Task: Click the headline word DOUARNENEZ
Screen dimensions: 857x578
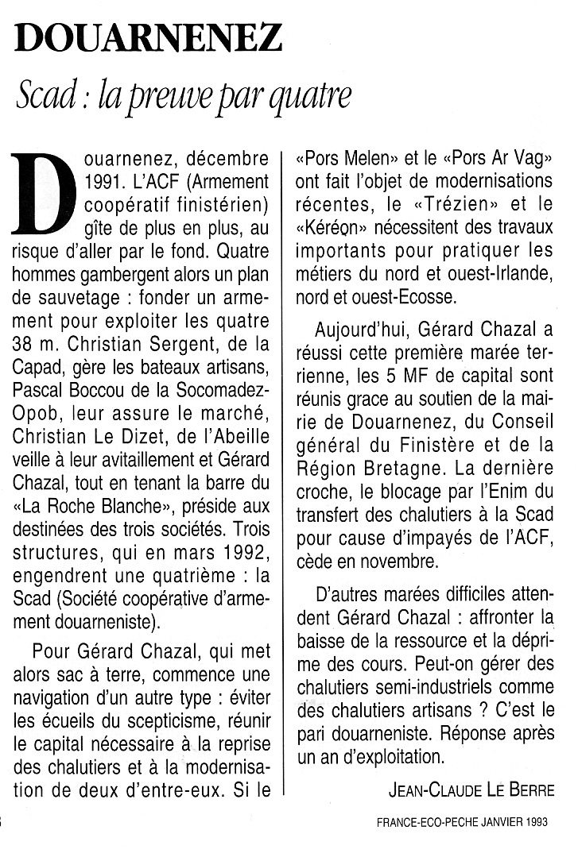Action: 148,37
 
